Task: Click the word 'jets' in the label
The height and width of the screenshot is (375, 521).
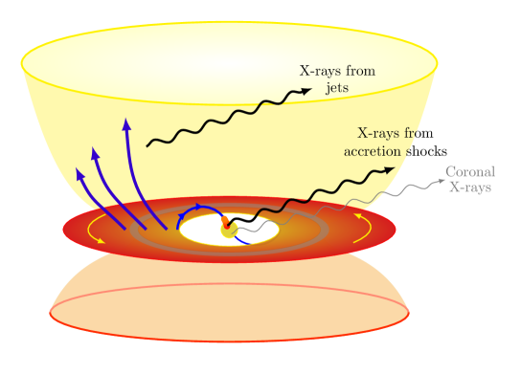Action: point(338,87)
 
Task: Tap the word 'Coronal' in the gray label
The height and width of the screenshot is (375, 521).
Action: point(469,172)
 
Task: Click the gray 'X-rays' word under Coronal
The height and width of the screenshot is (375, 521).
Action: point(469,187)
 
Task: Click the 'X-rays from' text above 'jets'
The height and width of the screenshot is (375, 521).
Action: point(337,71)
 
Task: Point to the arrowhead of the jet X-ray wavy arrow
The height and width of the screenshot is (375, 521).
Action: point(307,91)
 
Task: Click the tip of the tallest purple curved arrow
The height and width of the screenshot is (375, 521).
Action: point(125,121)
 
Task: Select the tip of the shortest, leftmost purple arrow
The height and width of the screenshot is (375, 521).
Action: point(79,172)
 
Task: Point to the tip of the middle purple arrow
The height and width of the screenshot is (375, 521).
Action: point(93,150)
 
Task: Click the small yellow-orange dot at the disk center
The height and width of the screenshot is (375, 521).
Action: point(228,229)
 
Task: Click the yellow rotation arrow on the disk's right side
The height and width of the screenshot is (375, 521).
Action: point(361,219)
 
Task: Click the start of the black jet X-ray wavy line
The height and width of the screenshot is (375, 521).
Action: point(147,145)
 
